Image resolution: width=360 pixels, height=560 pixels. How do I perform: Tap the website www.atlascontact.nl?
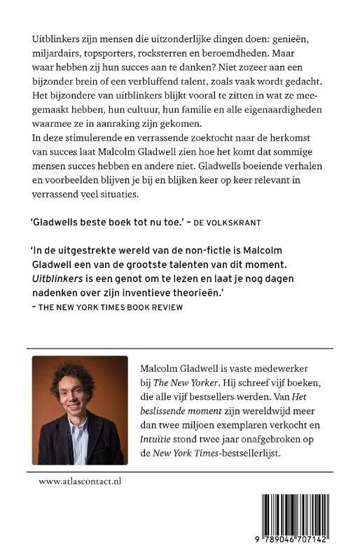tap(80, 482)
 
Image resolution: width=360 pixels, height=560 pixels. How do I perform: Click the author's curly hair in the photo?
tap(79, 377)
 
